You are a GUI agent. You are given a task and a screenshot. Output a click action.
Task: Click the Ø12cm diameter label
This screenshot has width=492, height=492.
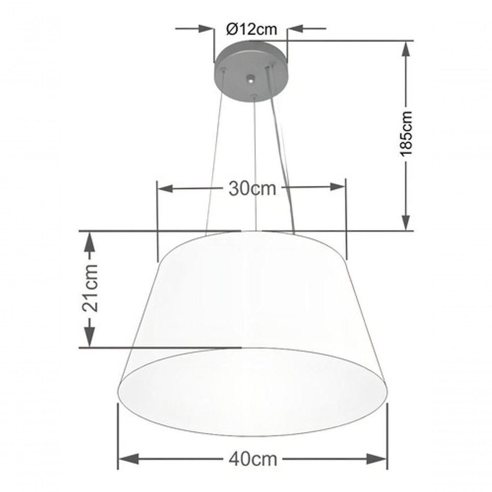tap(251, 30)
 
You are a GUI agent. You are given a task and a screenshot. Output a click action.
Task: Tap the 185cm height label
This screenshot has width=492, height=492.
tap(406, 134)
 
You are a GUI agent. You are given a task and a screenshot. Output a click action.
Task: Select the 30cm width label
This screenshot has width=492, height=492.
tap(252, 188)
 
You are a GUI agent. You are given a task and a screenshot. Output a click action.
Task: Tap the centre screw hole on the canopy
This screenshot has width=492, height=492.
tap(251, 78)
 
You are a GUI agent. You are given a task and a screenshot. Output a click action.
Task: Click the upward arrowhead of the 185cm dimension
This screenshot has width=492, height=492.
tap(406, 47)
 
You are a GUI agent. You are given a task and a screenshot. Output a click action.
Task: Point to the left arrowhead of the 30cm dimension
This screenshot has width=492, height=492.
tap(163, 188)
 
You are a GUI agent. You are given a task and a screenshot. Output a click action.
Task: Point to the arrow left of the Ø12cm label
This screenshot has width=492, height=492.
tap(207, 30)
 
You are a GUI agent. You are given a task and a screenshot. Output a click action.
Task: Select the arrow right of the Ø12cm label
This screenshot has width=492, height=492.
tap(296, 30)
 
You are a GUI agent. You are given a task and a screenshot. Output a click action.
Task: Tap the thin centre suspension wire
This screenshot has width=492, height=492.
tap(254, 162)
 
